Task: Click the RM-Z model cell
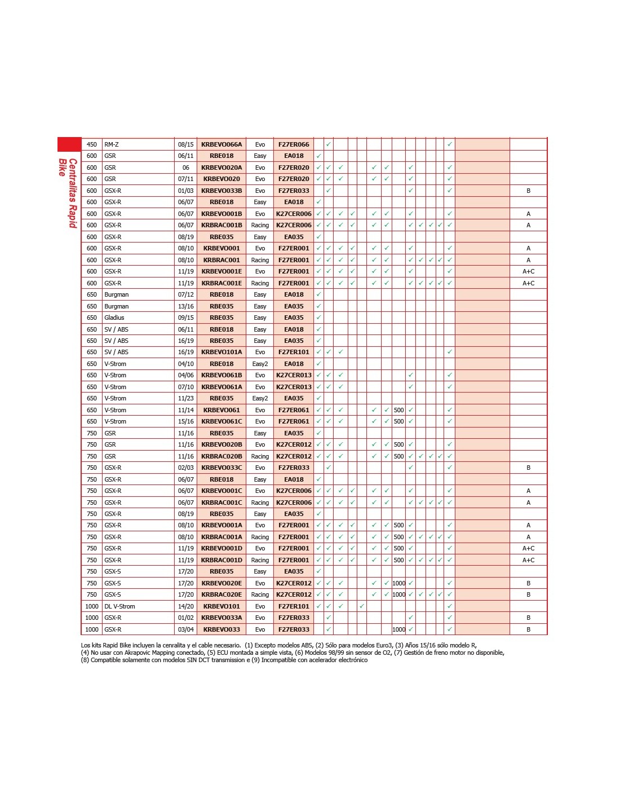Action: click(x=112, y=144)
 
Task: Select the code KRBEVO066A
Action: click(x=222, y=144)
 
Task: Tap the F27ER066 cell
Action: click(x=294, y=144)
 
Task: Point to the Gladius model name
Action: click(x=114, y=318)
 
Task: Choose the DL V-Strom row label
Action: click(x=119, y=606)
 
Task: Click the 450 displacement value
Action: click(x=92, y=144)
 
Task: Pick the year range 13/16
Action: click(x=185, y=306)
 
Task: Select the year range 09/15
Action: click(x=185, y=318)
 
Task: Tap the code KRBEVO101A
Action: click(x=222, y=352)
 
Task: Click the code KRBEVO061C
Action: click(x=222, y=421)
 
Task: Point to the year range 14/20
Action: click(x=185, y=606)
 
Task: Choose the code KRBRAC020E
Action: click(x=222, y=594)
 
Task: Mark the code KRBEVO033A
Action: click(x=222, y=618)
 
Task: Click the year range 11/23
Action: click(x=185, y=398)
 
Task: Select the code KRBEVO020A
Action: click(x=222, y=168)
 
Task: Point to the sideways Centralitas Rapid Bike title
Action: click(x=68, y=192)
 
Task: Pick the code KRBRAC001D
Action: click(x=222, y=560)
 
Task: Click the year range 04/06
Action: click(x=185, y=375)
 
